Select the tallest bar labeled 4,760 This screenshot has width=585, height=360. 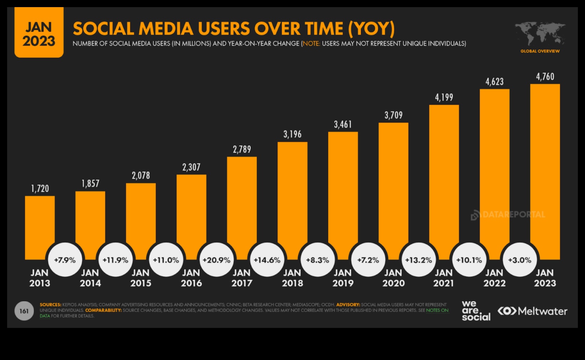point(545,171)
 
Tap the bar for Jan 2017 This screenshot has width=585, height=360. point(242,203)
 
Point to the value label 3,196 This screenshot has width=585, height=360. point(292,134)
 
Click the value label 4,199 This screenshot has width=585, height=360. point(444,98)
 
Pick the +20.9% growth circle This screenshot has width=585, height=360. point(217,260)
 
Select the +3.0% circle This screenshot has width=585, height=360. point(519,260)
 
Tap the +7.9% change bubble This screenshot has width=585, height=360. point(65,260)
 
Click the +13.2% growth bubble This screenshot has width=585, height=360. point(418,260)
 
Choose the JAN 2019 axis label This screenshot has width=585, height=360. point(343,278)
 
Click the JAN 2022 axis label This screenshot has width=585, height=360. point(494,278)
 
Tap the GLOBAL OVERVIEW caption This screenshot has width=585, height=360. point(540,51)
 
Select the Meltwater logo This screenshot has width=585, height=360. point(532,311)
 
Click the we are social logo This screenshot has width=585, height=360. point(476,311)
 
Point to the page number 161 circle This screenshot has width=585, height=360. point(24,311)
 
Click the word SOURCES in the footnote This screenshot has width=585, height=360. point(50,305)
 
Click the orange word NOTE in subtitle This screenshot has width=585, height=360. point(311,43)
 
